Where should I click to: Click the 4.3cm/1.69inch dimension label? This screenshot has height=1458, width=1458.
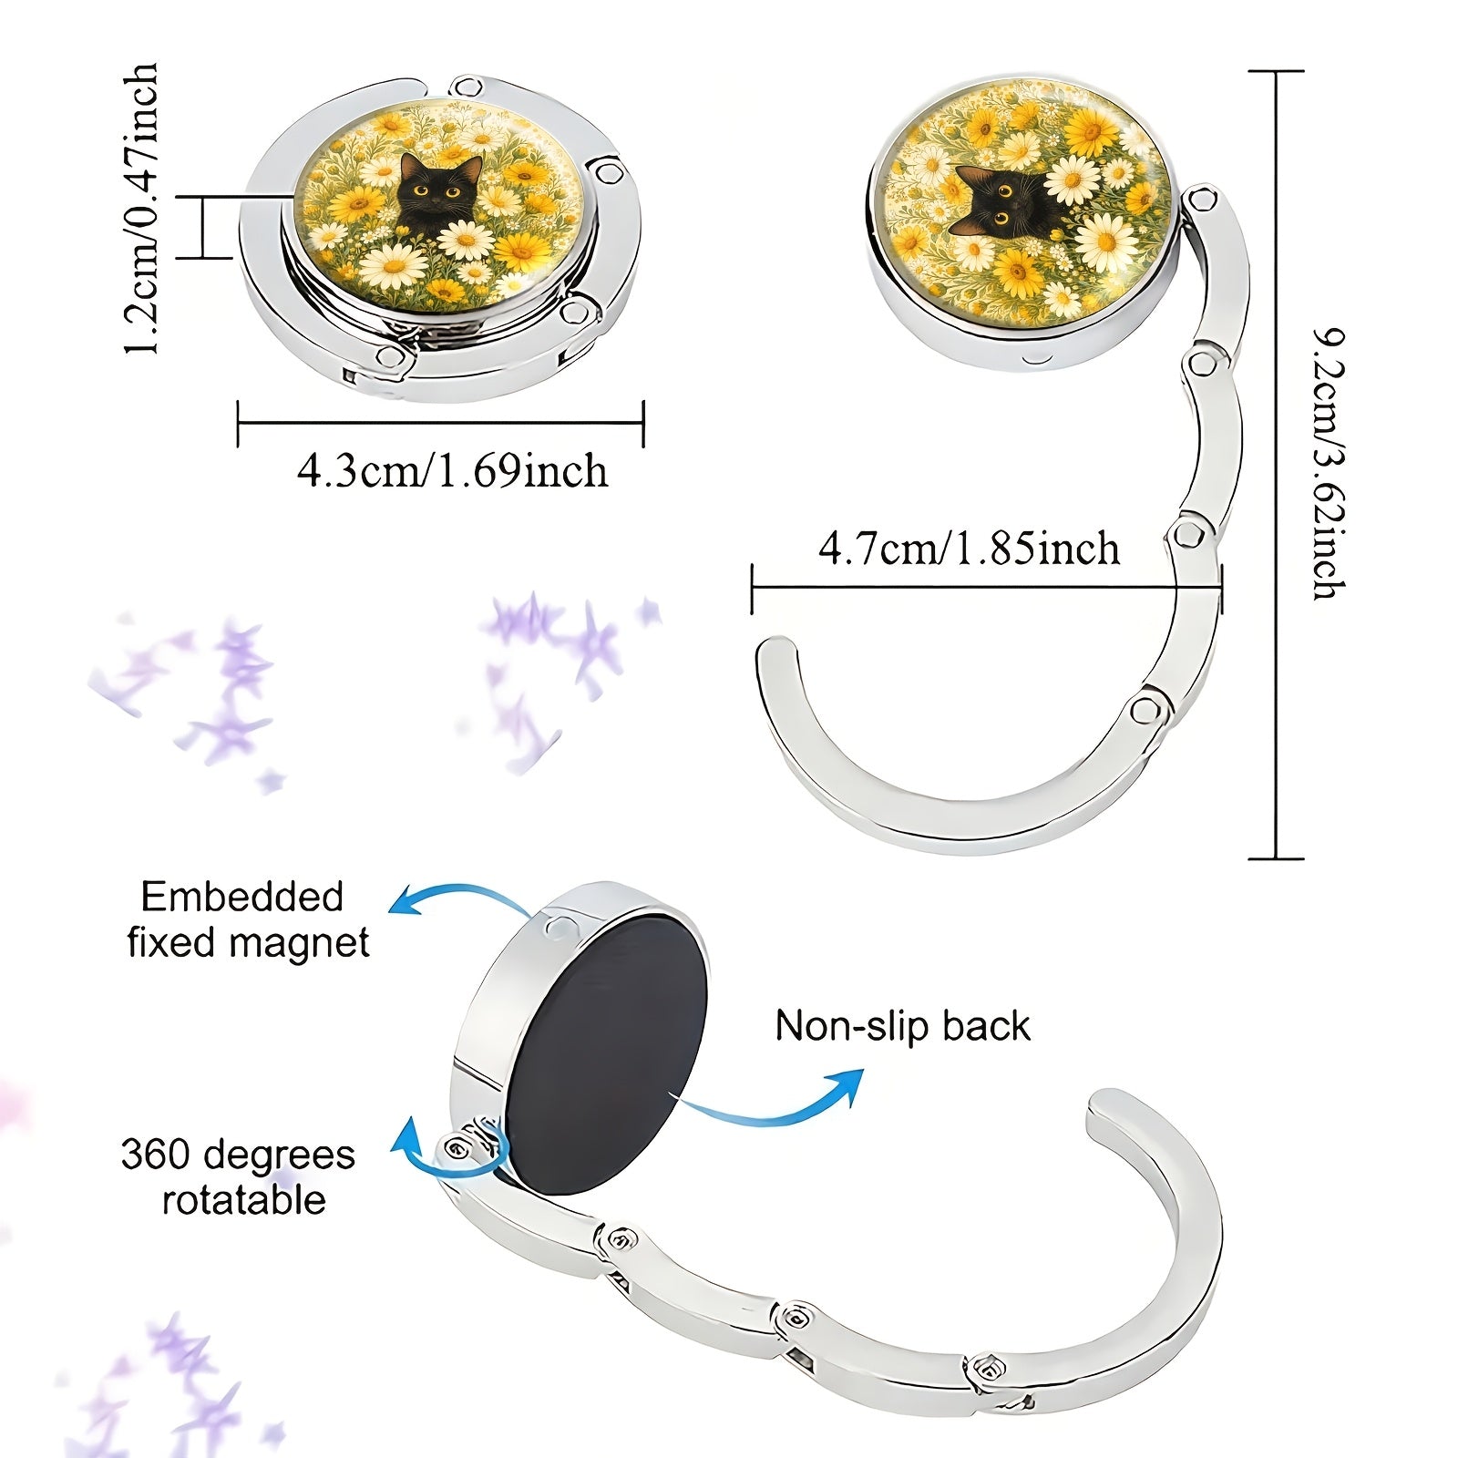tap(452, 471)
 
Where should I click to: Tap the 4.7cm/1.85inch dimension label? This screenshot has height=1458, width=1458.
tap(970, 549)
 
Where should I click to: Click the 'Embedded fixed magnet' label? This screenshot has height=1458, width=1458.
tap(248, 919)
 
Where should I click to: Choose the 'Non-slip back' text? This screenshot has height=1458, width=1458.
tap(902, 1026)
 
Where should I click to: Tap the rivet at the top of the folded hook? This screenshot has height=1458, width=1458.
tap(469, 88)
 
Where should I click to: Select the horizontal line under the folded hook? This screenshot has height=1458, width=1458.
tap(441, 423)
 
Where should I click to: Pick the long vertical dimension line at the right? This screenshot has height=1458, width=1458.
tap(1276, 465)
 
